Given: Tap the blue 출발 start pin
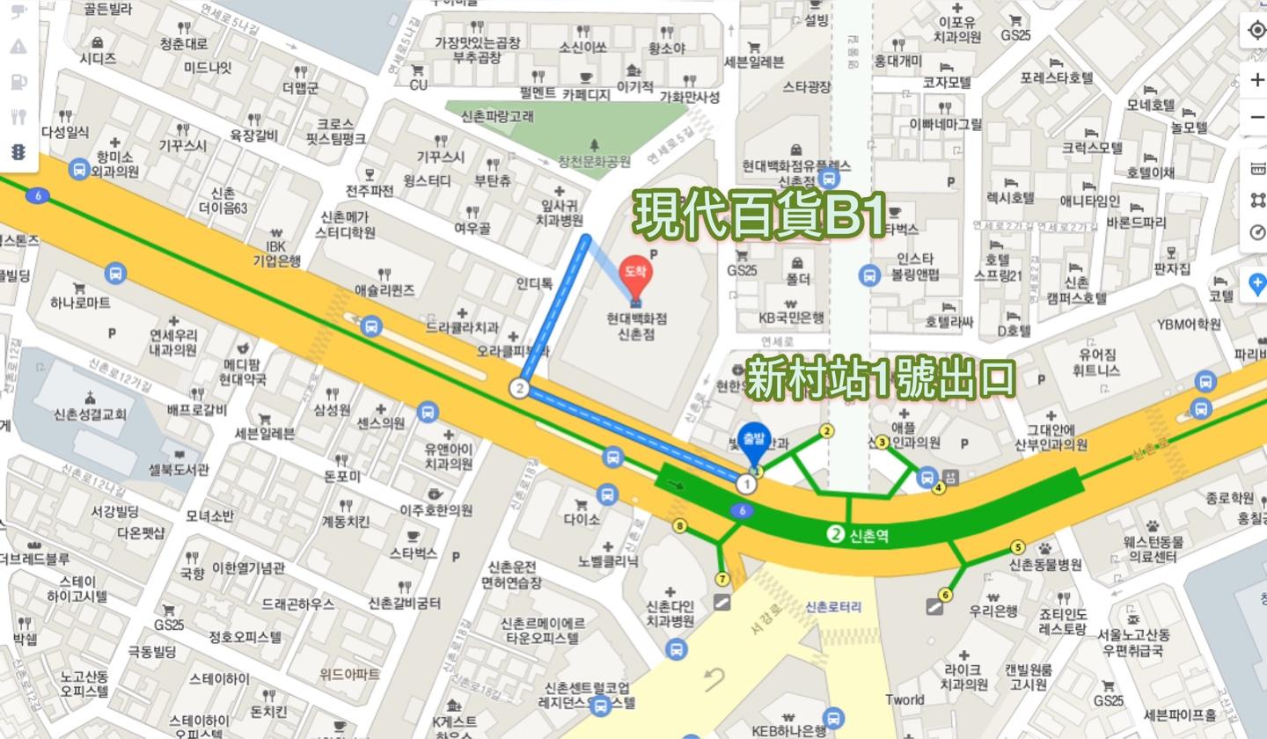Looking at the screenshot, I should point(754,441).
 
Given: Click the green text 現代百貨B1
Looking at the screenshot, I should point(759,215).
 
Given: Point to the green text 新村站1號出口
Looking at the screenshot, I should point(881,379).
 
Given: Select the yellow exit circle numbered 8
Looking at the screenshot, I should point(679,525).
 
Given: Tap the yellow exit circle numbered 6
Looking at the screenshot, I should point(945,595).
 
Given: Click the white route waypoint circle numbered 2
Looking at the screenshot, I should point(520,388).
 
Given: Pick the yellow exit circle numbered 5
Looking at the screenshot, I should point(1018,547).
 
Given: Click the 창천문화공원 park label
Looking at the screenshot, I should point(595,162).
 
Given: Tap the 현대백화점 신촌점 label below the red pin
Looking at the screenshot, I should point(636,326).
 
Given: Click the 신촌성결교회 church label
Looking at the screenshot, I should point(90,414).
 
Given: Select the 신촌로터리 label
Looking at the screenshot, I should point(833,607).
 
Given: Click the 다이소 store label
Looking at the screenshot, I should point(582,520).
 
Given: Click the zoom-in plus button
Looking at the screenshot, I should point(1257,80).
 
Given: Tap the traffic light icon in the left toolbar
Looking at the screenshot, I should point(18,152).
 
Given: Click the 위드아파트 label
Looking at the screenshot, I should point(349,674).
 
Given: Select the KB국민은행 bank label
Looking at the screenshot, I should point(792,318).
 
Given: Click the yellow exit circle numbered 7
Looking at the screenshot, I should point(722,579).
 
